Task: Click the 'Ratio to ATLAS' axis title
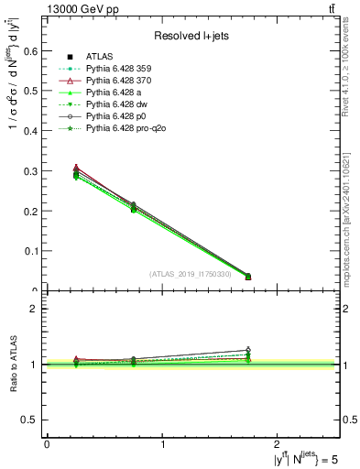click(13, 364)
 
